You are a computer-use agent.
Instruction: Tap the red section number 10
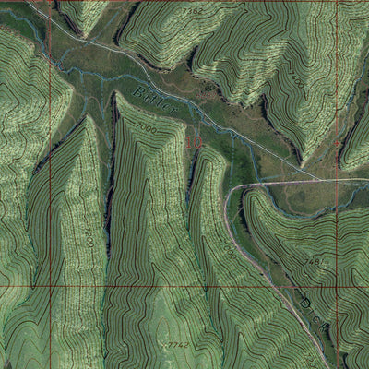(193, 141)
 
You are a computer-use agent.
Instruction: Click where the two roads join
(315, 177)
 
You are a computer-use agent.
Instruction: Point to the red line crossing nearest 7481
(337, 286)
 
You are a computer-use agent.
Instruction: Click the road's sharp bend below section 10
(231, 190)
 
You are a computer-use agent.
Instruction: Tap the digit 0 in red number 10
(197, 141)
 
